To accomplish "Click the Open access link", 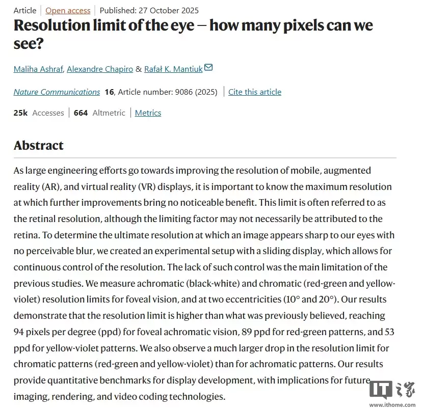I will tap(68, 10).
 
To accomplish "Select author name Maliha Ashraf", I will tap(38, 69).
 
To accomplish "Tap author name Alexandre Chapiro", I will tap(100, 69).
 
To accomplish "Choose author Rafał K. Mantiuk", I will tap(173, 69).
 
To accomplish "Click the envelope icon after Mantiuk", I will tap(208, 68).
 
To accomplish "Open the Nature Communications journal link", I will tap(57, 92).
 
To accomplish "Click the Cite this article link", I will tap(254, 92).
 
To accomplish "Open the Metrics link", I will tap(148, 113).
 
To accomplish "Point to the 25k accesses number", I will tap(20, 113).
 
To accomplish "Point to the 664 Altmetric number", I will tap(81, 113).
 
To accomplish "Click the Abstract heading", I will tap(39, 146).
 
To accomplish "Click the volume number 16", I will tap(109, 92).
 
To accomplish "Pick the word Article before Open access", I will tap(25, 10).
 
